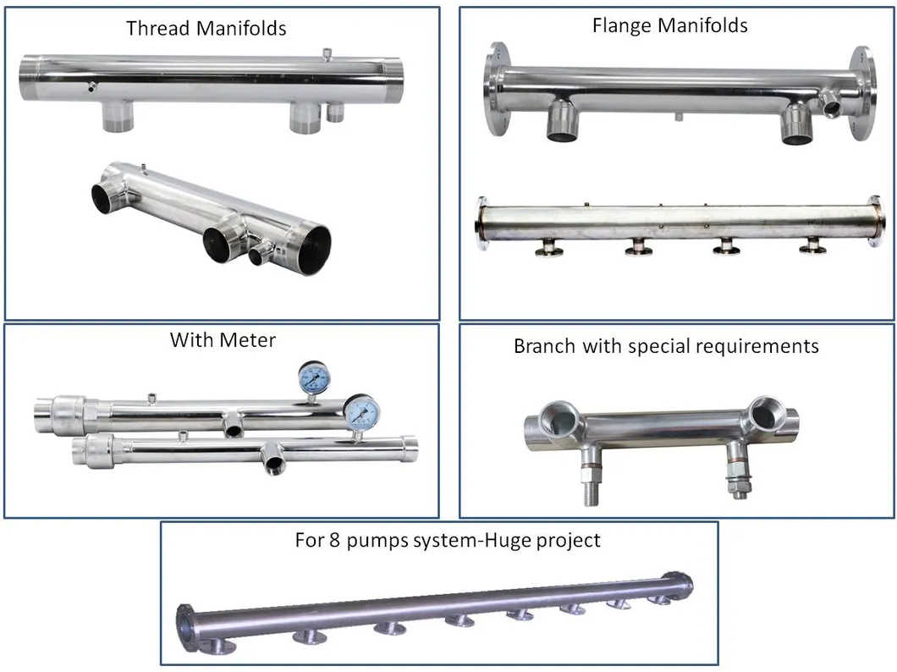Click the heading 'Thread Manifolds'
[206, 28]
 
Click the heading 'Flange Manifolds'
[669, 25]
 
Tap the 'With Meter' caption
[223, 340]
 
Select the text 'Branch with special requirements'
[666, 346]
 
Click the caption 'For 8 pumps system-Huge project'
[448, 540]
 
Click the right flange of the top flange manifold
[860, 93]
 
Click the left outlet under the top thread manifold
[119, 116]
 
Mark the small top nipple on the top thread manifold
[327, 56]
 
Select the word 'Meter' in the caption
[247, 340]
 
